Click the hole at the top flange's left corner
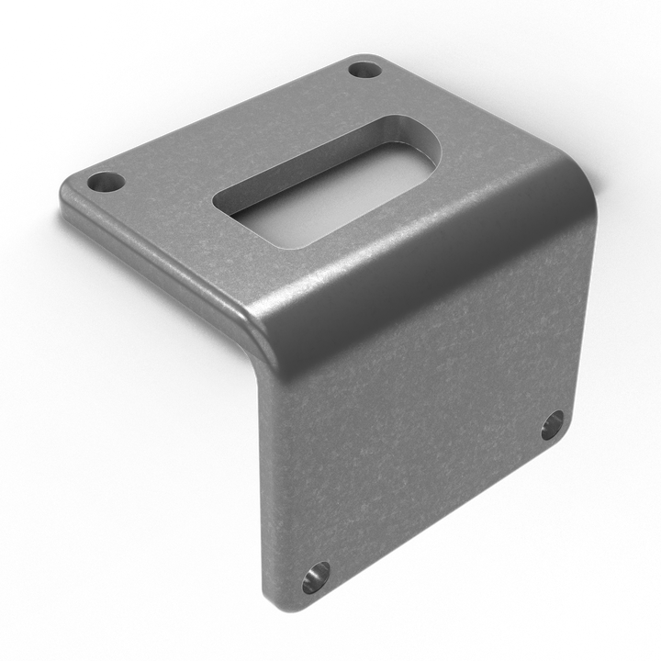coord(107,182)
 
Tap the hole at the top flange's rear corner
coord(365,70)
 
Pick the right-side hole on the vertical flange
coord(552,425)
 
